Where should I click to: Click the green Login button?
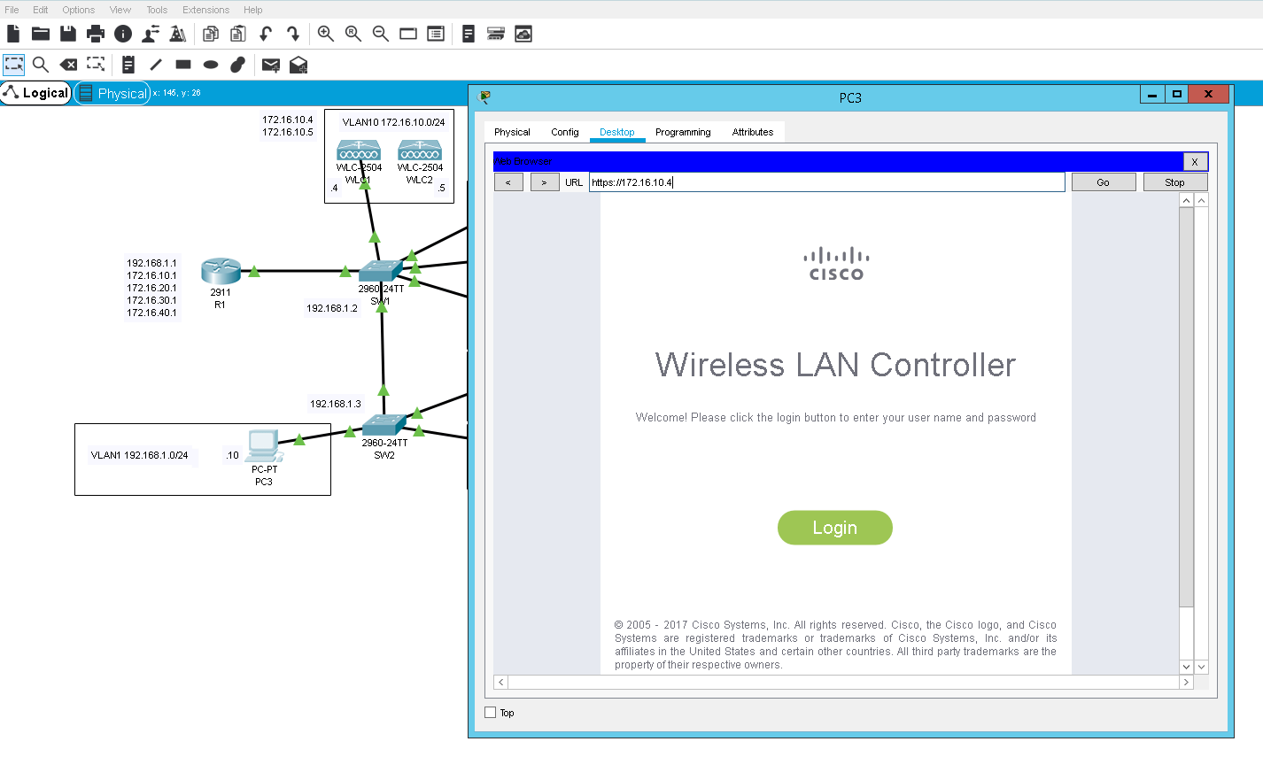pyautogui.click(x=834, y=528)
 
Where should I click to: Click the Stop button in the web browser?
pyautogui.click(x=1174, y=182)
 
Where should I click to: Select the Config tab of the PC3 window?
pyautogui.click(x=564, y=132)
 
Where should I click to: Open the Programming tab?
pyautogui.click(x=683, y=132)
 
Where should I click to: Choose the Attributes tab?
pyautogui.click(x=752, y=132)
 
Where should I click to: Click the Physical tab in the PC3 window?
pyautogui.click(x=512, y=132)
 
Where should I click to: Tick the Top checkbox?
pyautogui.click(x=491, y=713)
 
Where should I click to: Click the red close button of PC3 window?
pyautogui.click(x=1208, y=94)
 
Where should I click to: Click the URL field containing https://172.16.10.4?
pyautogui.click(x=826, y=182)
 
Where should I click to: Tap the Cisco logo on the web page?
pyautogui.click(x=835, y=264)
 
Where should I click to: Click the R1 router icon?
pyautogui.click(x=221, y=271)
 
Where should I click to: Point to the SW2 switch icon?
pyautogui.click(x=384, y=426)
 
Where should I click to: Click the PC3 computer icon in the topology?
pyautogui.click(x=264, y=445)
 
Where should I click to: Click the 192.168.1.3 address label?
pyautogui.click(x=335, y=404)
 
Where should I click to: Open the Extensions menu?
pyautogui.click(x=205, y=10)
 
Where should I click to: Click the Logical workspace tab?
pyautogui.click(x=36, y=93)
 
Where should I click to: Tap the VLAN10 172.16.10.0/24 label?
pyautogui.click(x=393, y=122)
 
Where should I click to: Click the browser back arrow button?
pyautogui.click(x=508, y=182)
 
